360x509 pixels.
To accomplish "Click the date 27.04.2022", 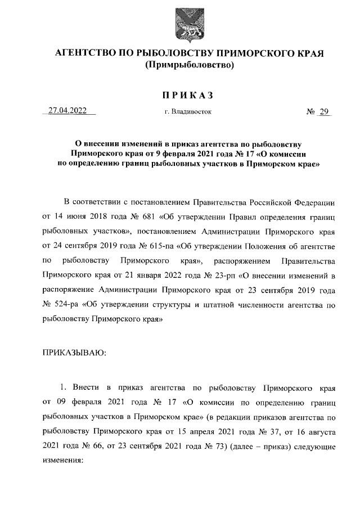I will coord(67,111).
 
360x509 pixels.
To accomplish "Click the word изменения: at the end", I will coord(62,460).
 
